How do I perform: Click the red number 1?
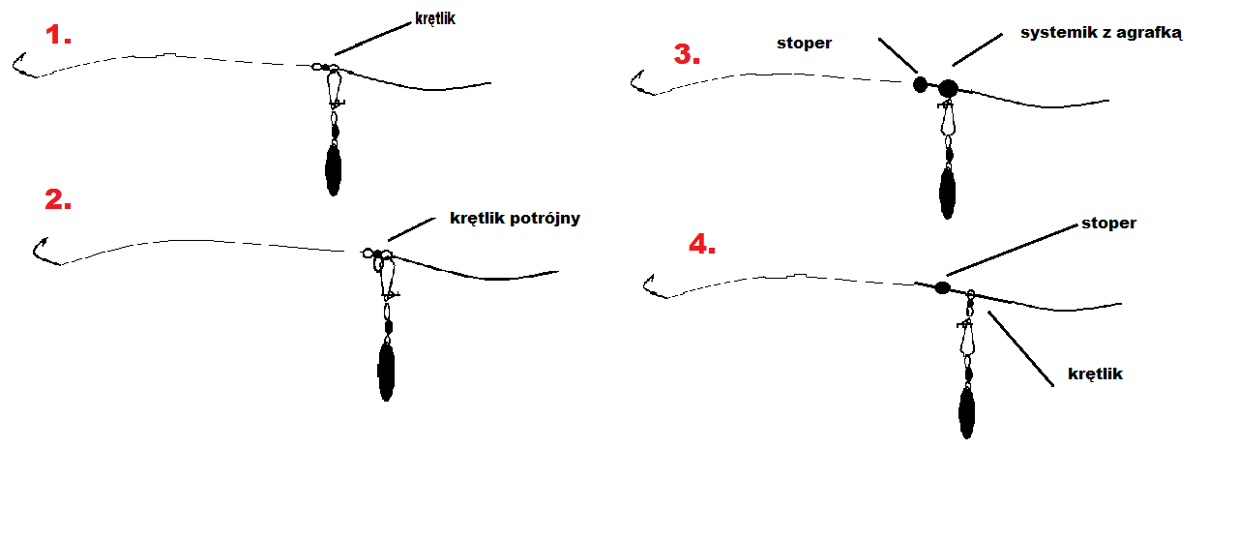pyautogui.click(x=58, y=35)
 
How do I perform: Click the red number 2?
pyautogui.click(x=58, y=199)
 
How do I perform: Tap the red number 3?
pyautogui.click(x=687, y=54)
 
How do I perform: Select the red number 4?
pyautogui.click(x=702, y=244)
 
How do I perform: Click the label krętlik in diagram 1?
pyautogui.click(x=435, y=18)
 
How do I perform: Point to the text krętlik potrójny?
pyautogui.click(x=515, y=219)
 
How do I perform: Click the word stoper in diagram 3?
pyautogui.click(x=804, y=44)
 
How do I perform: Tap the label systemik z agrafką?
pyautogui.click(x=1101, y=33)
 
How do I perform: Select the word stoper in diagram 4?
pyautogui.click(x=1108, y=223)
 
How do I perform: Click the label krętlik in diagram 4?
pyautogui.click(x=1095, y=374)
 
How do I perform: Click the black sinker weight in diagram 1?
pyautogui.click(x=334, y=169)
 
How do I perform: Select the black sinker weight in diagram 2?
pyautogui.click(x=386, y=371)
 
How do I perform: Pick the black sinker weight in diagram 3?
pyautogui.click(x=948, y=194)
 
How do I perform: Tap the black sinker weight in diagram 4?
pyautogui.click(x=966, y=412)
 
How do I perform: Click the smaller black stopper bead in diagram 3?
pyautogui.click(x=920, y=84)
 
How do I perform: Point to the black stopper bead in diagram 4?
pyautogui.click(x=942, y=287)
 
